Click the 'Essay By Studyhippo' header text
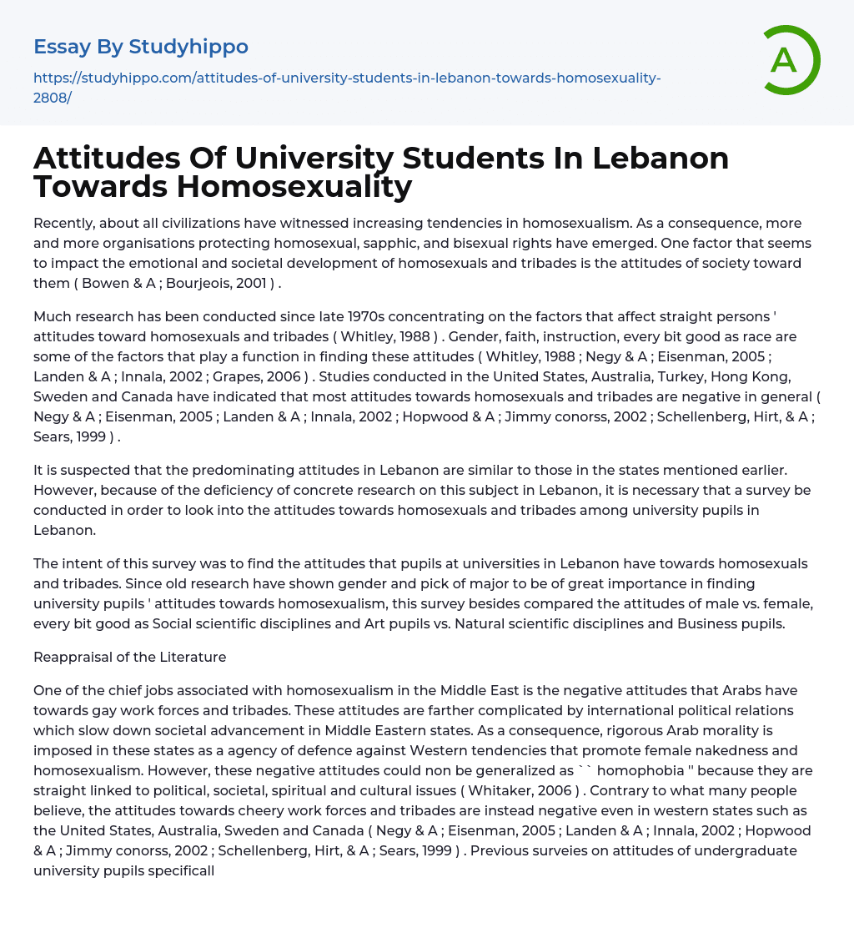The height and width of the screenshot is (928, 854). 141,47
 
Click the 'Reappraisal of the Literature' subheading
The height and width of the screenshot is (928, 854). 130,658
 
